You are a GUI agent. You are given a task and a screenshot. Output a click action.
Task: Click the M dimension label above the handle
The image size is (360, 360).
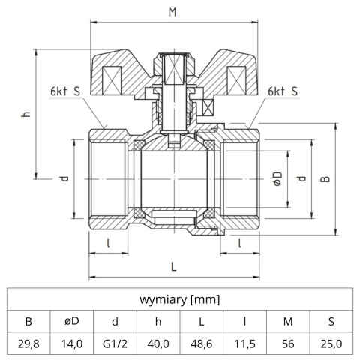click(173, 12)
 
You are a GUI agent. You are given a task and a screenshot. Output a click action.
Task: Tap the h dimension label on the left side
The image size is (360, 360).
click(25, 114)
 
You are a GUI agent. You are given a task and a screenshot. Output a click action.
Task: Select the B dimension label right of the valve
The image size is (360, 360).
click(325, 179)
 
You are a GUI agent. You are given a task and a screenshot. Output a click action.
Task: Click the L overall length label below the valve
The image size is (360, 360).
click(174, 266)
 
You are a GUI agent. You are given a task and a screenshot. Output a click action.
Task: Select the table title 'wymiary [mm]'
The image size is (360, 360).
click(180, 299)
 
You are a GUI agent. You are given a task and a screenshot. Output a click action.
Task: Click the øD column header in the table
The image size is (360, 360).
click(72, 321)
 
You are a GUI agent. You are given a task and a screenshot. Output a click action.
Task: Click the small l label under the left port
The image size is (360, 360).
click(109, 243)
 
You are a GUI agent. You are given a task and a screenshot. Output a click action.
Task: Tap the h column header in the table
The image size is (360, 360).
click(158, 321)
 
